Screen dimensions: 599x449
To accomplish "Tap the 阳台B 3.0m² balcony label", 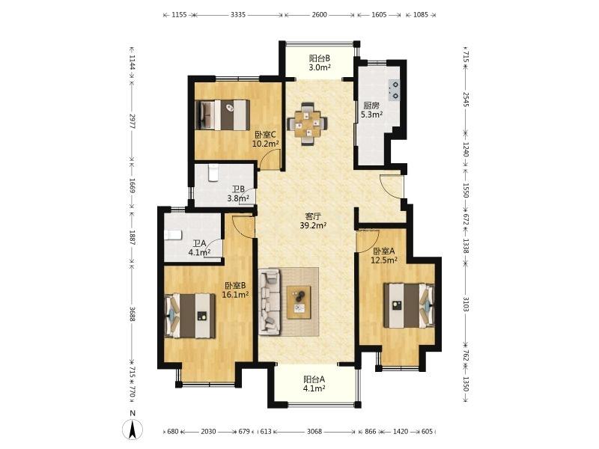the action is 320,63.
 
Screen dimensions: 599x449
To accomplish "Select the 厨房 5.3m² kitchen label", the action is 371,109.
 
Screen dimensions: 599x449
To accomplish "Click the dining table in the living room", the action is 307,123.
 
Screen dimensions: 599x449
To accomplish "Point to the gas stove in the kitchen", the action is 395,90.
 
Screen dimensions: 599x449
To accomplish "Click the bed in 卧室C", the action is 222,115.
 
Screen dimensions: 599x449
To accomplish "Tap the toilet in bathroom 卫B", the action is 213,173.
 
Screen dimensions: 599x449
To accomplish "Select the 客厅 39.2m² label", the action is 313,221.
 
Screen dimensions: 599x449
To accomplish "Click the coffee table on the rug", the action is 299,302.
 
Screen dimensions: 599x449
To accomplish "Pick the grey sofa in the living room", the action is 270,302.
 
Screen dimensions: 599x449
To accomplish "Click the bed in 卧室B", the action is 190,315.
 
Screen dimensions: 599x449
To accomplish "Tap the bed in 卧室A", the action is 409,305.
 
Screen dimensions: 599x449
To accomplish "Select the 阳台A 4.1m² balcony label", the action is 314,384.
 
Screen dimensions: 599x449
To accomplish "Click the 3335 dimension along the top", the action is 238,15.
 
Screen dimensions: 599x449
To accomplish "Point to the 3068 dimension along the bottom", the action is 314,432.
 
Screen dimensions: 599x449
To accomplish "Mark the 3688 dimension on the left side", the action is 132,314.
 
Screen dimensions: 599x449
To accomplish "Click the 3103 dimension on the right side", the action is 466,305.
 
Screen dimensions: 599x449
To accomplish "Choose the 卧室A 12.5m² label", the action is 384,256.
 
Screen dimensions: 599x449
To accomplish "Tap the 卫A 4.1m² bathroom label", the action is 199,248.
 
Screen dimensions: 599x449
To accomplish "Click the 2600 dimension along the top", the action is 320,15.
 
